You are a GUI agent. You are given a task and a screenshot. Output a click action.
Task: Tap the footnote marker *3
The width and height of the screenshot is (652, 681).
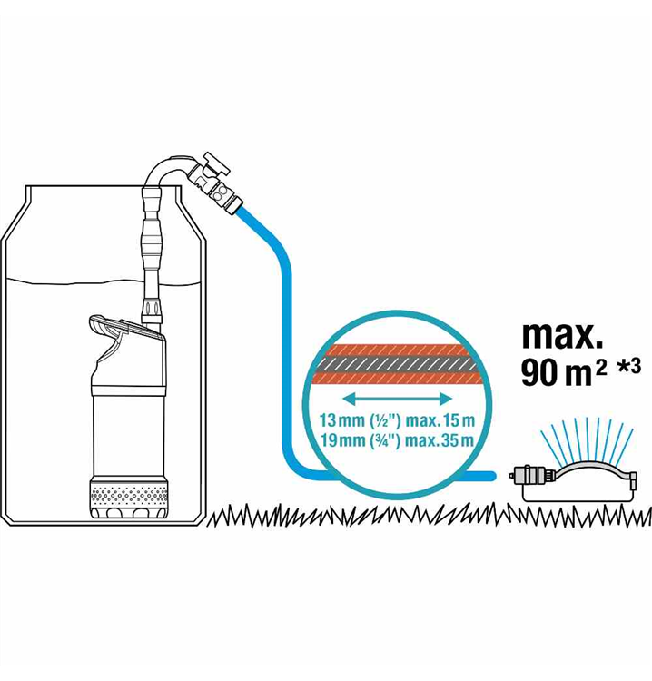tap(630, 366)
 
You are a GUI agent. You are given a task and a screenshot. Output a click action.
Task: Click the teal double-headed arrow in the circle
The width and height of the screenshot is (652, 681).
tap(398, 399)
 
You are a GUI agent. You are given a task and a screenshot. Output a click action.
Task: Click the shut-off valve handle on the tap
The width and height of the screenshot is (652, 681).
tap(216, 163)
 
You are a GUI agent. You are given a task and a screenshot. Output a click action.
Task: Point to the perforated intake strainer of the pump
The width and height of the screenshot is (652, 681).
tap(129, 493)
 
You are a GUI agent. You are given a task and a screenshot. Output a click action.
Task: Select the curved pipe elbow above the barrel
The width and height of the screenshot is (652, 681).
tap(167, 173)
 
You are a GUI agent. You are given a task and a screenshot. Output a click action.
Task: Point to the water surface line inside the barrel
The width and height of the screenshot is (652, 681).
tap(104, 281)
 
